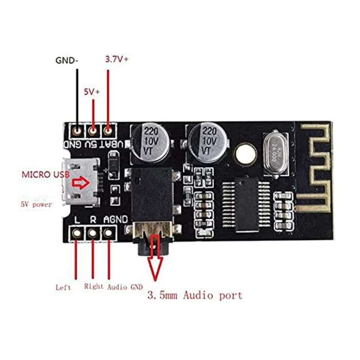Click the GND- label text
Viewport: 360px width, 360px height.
tap(67, 60)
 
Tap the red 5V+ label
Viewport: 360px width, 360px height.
tap(92, 92)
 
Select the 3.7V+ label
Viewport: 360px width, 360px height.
tap(117, 59)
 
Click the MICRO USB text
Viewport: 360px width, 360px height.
tap(44, 175)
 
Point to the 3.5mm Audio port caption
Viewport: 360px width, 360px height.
tap(195, 296)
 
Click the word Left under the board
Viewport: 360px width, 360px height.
tap(63, 287)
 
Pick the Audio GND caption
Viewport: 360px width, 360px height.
tap(125, 287)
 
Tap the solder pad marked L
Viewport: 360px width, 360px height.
tap(77, 233)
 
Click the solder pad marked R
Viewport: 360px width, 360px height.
tap(93, 233)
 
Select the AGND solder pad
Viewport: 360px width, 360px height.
tap(108, 233)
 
